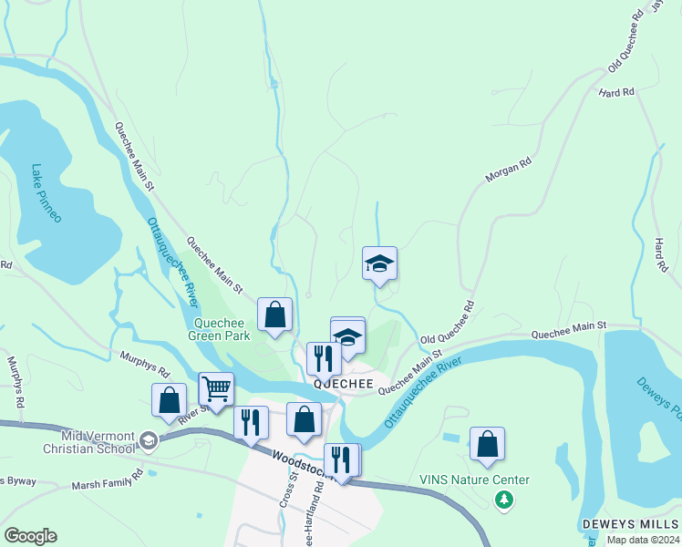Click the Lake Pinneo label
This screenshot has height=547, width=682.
46,193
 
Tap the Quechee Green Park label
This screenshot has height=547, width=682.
219,328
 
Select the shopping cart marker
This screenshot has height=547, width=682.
216,389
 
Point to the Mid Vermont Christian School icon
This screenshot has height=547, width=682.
147,441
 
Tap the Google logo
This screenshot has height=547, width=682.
30,536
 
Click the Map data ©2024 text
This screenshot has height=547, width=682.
643,540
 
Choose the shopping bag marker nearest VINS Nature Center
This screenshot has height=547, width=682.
488,444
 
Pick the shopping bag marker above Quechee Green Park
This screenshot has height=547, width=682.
274,315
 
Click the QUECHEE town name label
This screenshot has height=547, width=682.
344,385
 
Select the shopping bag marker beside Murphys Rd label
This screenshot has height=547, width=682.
170,400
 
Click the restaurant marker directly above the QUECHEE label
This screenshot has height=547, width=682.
324,358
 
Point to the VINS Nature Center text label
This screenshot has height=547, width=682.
474,480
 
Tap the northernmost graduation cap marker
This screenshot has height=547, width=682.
379,263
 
